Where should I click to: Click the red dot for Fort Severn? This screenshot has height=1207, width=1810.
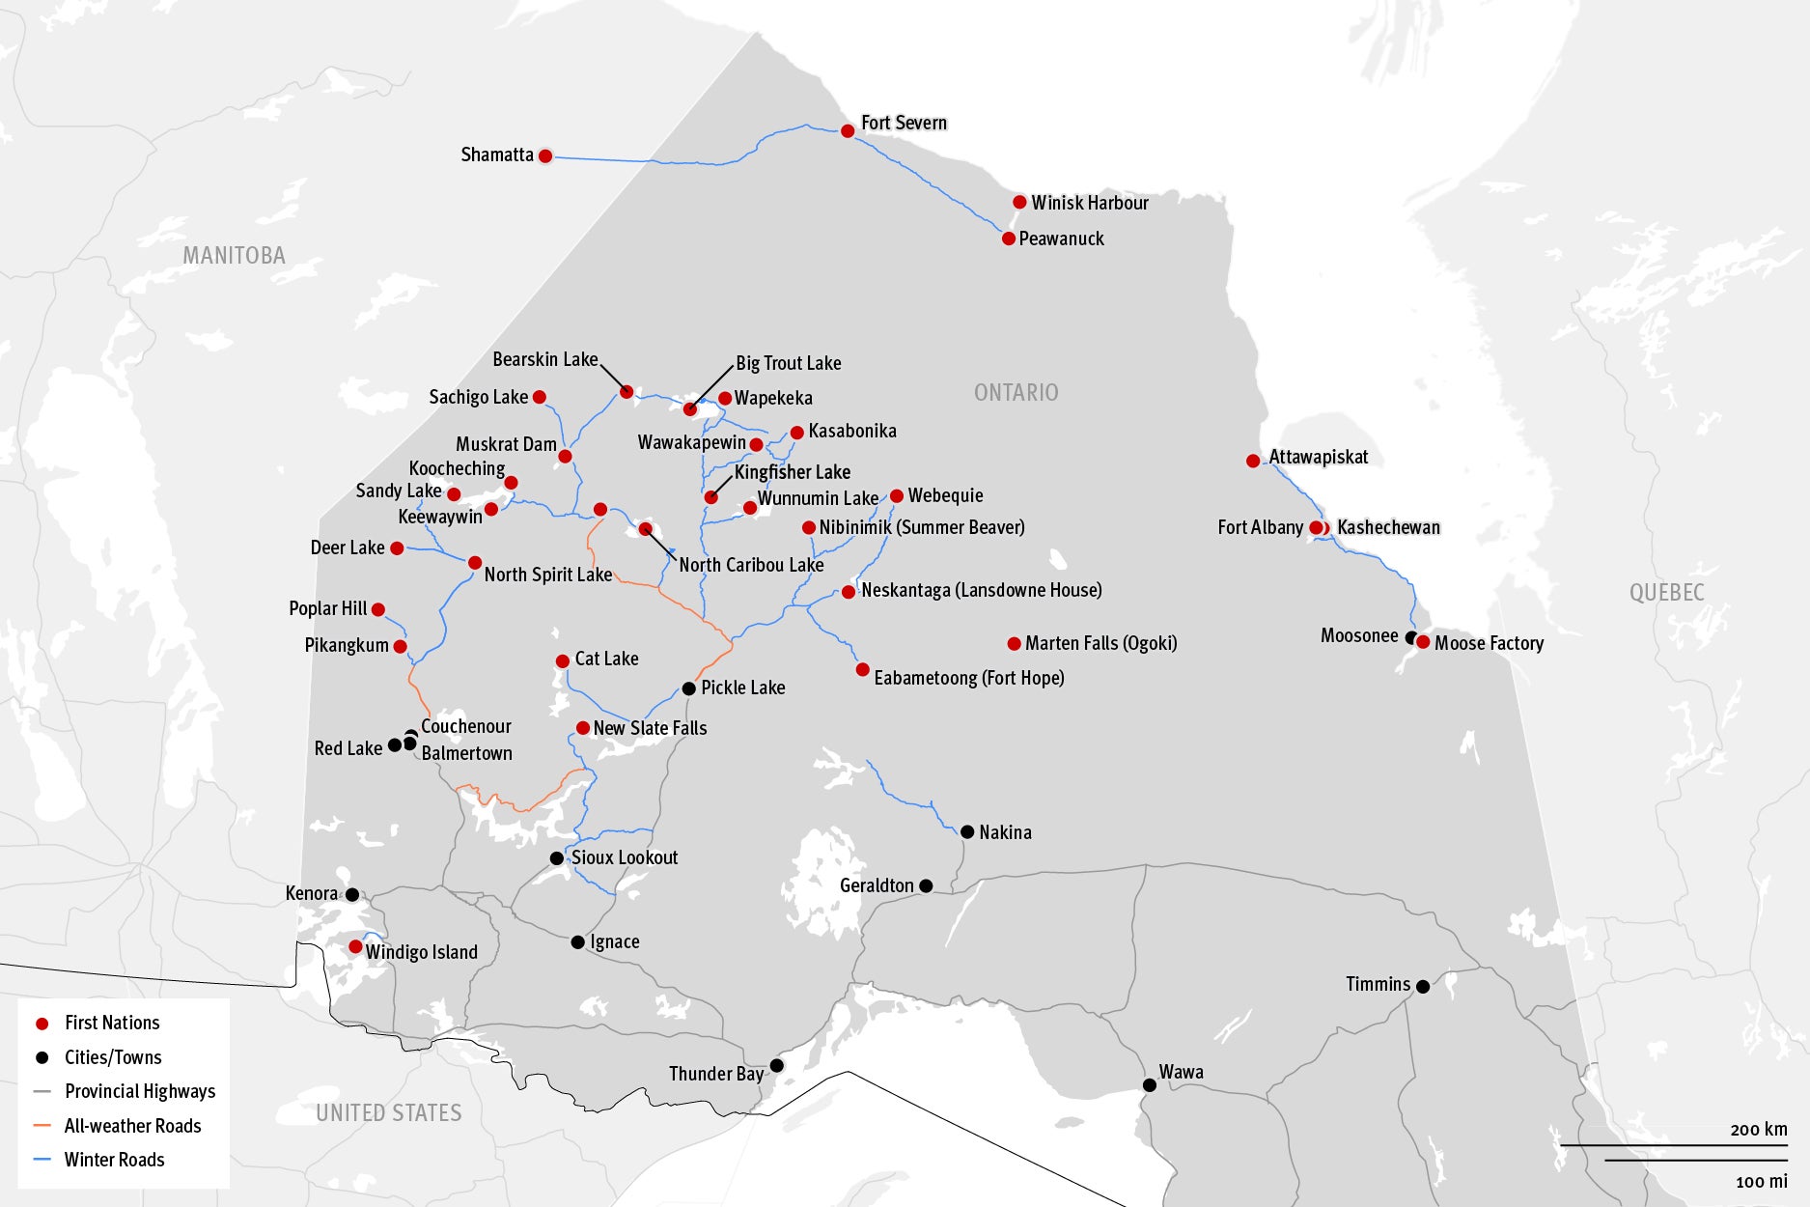(848, 130)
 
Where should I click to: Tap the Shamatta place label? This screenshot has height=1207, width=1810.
(496, 154)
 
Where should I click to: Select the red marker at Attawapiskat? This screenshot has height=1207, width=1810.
(1253, 461)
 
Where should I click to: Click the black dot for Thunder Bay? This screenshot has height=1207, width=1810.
(776, 1065)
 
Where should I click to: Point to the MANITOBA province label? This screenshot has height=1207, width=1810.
(235, 256)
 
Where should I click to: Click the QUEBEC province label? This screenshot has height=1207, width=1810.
(1666, 593)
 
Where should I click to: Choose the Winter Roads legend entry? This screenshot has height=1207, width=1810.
(114, 1160)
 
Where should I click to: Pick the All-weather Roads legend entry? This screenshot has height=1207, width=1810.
(132, 1126)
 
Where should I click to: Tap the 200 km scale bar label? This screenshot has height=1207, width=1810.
(1758, 1129)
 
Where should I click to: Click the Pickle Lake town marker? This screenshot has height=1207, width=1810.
(688, 688)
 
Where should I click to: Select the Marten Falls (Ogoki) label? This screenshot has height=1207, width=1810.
(1100, 643)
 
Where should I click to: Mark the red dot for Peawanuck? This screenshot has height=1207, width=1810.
(1009, 239)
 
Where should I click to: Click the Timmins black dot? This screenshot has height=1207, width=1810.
(1422, 986)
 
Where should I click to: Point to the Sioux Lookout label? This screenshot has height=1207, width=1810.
(624, 857)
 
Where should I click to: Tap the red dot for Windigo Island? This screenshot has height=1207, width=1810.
(355, 946)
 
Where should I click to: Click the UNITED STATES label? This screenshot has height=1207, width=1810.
(389, 1112)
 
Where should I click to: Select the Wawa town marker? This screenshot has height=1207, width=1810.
(1149, 1085)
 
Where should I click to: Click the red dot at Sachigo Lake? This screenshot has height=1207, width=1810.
(540, 397)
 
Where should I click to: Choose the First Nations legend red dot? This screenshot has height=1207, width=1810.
(42, 1024)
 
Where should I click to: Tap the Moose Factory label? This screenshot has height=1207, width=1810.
(1489, 643)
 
